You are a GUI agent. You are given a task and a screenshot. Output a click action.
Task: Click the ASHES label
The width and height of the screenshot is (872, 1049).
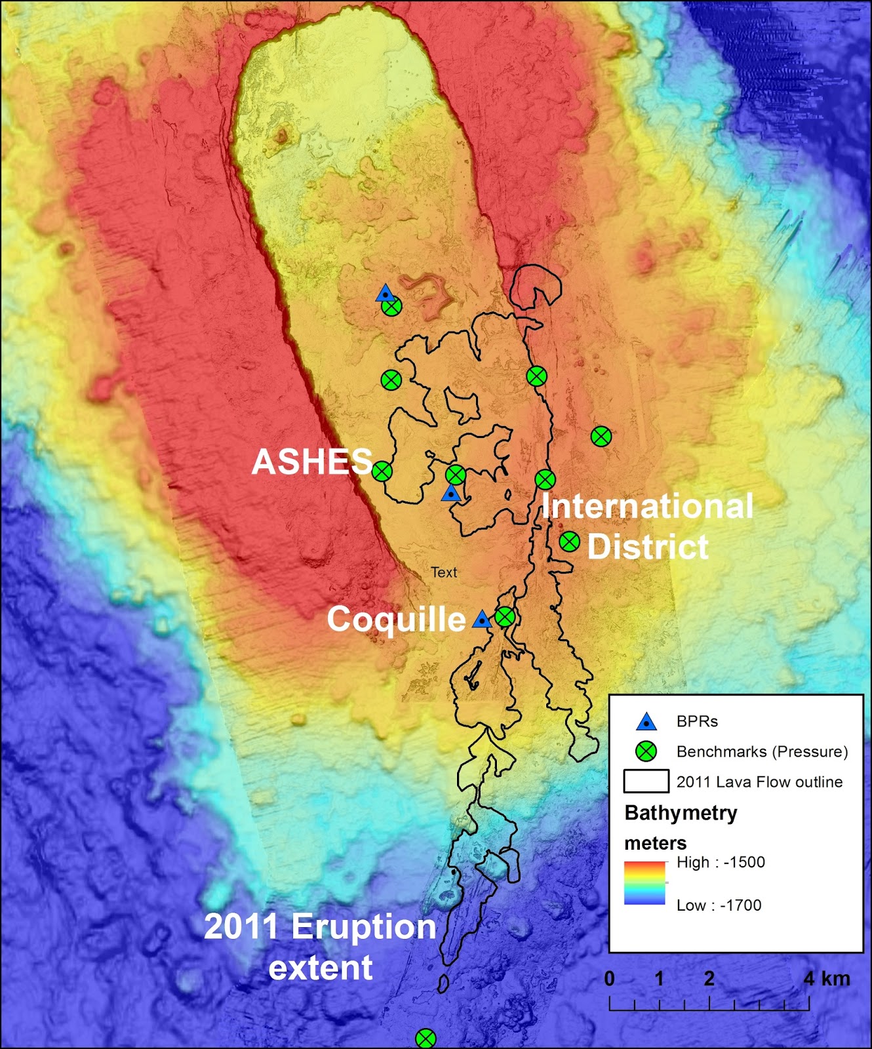coord(312,462)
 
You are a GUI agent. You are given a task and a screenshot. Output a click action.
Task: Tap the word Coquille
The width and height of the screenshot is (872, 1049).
coord(396,619)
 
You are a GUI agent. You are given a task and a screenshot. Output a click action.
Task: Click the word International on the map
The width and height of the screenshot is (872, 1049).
coord(648,506)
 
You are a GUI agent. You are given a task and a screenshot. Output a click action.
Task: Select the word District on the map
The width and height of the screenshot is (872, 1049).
coord(648,547)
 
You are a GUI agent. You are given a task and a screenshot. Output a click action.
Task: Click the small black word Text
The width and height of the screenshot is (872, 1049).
coord(444,572)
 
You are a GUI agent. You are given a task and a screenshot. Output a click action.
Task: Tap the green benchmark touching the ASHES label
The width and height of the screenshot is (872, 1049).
coord(382,471)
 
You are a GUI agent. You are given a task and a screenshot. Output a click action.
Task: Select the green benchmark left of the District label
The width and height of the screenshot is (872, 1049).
coord(569,542)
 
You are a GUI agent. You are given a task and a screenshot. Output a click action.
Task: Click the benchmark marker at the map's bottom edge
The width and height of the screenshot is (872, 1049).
coord(426,1039)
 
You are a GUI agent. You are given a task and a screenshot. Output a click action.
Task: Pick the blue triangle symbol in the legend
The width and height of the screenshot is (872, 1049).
coord(646,722)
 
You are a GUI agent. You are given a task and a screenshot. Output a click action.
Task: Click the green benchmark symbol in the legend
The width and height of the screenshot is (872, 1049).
coord(646,751)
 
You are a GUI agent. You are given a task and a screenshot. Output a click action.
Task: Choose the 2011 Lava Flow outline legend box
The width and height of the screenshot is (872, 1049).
coord(646,782)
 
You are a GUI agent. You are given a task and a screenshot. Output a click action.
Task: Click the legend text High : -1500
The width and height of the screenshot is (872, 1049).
coord(721,862)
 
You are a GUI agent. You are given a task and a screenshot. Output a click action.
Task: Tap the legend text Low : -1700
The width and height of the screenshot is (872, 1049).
coord(719,905)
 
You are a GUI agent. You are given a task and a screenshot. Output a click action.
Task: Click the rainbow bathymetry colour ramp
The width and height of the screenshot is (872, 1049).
coord(644,883)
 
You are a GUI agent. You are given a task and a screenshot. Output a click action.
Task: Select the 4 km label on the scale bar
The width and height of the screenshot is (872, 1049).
coord(827,979)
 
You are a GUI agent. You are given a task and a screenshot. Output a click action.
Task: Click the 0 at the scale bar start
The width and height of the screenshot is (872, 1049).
coord(610,979)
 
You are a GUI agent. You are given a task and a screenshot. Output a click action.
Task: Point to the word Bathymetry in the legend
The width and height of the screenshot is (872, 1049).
coord(681,813)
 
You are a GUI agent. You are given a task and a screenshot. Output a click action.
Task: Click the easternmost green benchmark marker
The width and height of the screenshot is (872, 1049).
coord(601,436)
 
